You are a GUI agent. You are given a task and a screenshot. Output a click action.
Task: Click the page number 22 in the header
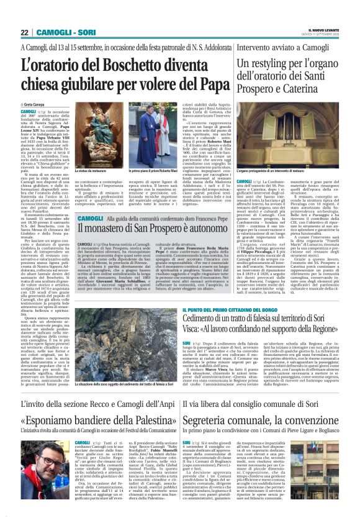point(25,32)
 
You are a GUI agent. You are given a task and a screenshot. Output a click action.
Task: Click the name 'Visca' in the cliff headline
point(194,332)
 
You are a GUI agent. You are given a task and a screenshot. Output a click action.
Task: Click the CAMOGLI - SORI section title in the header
point(66,32)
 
